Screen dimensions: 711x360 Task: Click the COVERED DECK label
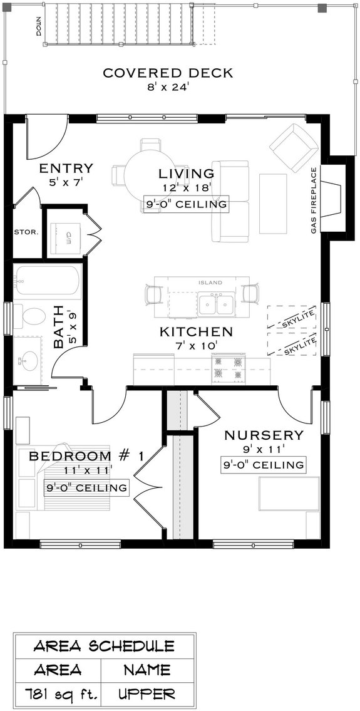167,73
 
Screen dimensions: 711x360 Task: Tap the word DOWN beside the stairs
39,25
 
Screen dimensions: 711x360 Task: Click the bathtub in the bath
48,280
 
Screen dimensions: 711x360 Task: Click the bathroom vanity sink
28,360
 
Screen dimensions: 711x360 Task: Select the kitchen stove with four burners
228,368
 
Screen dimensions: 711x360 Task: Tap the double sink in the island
216,305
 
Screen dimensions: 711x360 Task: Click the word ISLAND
210,283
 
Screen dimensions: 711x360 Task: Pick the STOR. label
26,232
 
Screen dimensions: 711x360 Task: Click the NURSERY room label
264,435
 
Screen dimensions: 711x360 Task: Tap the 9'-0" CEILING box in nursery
264,465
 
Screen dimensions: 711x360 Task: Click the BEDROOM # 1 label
86,455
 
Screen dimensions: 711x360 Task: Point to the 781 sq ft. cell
57,694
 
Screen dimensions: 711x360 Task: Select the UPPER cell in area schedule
148,694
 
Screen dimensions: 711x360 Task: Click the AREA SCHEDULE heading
104,646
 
